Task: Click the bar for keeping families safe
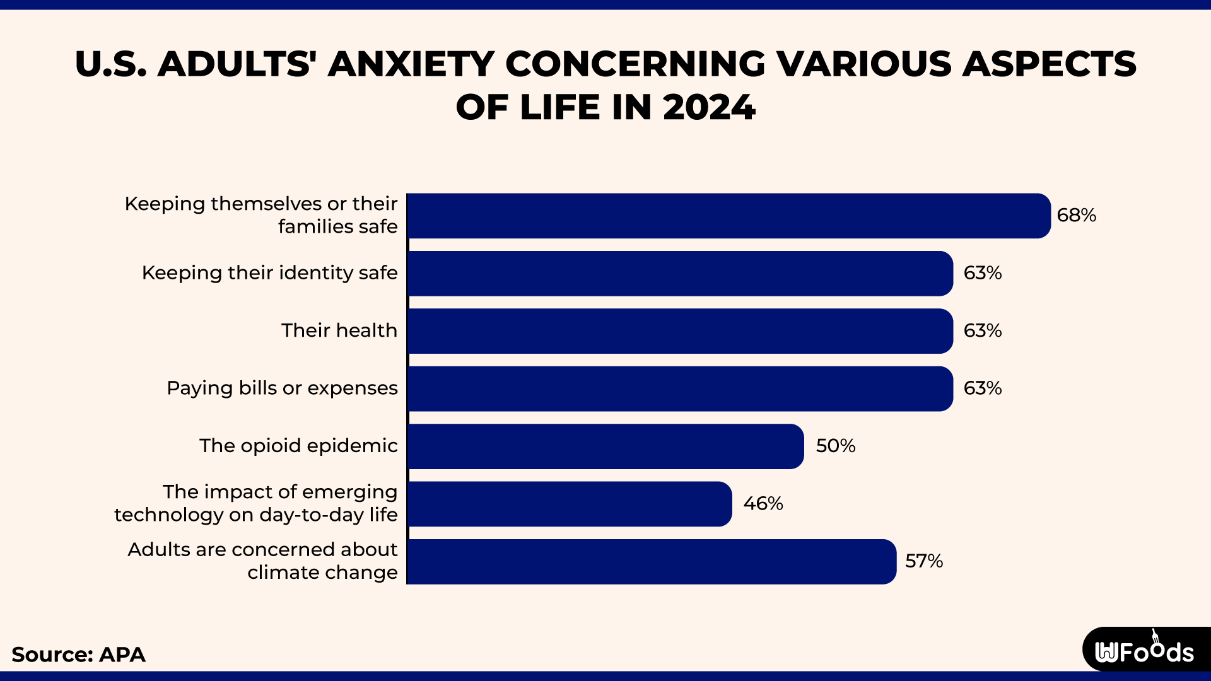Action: pos(728,216)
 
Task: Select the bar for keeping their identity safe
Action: pos(680,274)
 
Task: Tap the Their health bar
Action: pos(680,331)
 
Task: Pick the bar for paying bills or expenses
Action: pos(680,388)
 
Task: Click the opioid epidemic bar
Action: pos(605,446)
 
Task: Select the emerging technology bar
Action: pos(570,504)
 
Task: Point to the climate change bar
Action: pos(652,561)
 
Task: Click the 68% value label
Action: pos(1076,216)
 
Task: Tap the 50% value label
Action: pos(835,446)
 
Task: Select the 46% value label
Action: pos(763,504)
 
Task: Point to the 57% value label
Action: pos(923,561)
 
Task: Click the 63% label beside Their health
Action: pos(982,331)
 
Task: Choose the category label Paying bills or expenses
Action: pos(282,388)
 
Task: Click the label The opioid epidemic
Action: pos(298,446)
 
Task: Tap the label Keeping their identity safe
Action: pos(269,273)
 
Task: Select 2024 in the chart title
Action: pos(708,107)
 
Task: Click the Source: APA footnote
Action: pos(79,655)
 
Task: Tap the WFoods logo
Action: pos(1144,651)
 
